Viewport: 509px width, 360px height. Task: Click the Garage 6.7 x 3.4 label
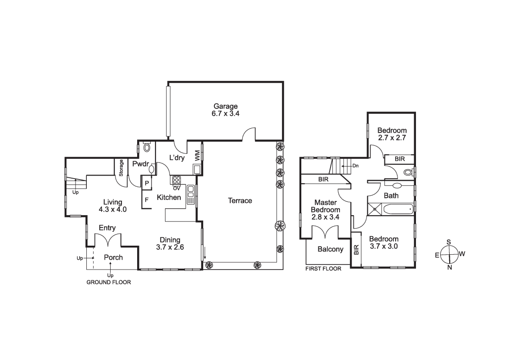pos(225,110)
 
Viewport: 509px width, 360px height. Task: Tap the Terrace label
pos(240,201)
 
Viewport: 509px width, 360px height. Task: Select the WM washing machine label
pos(197,156)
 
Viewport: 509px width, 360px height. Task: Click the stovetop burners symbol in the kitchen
pos(176,180)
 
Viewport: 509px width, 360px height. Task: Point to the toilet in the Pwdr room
pos(147,147)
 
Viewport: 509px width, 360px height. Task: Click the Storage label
pos(121,168)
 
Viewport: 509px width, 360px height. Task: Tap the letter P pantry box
pos(147,183)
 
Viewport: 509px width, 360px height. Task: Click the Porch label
pos(113,257)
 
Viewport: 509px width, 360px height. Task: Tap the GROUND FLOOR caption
pos(108,283)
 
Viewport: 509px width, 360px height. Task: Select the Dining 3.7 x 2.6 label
pos(168,243)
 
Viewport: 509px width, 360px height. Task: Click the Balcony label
pos(330,249)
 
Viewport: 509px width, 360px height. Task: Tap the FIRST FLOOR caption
pos(323,269)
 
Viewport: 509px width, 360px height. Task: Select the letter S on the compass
pos(449,242)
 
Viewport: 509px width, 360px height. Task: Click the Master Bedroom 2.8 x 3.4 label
pos(326,210)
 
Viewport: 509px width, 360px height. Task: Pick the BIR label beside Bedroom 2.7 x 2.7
pos(399,159)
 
